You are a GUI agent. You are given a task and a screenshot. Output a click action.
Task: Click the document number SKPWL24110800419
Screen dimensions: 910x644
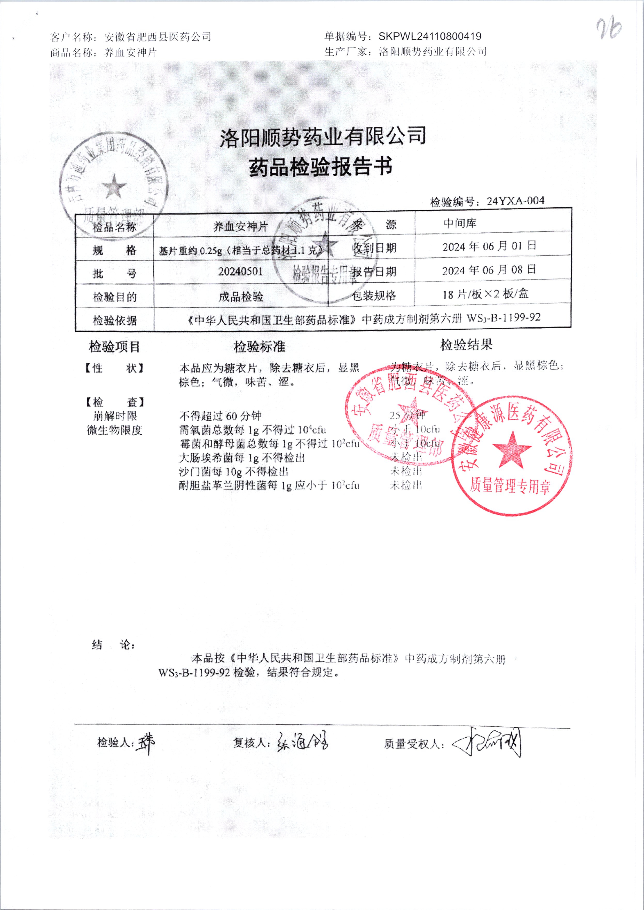pos(430,36)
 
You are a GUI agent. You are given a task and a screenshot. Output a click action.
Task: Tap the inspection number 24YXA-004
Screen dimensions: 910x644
pos(515,201)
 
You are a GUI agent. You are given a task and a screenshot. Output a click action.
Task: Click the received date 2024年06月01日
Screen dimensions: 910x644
pos(489,246)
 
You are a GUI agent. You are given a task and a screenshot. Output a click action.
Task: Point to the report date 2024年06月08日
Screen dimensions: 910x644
pos(489,270)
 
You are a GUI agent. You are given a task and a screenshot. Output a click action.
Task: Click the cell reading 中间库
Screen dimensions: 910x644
pos(460,223)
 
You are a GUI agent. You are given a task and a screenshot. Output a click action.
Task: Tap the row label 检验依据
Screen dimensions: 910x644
pos(115,320)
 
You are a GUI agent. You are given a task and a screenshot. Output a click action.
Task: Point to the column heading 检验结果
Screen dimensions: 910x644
pos(466,345)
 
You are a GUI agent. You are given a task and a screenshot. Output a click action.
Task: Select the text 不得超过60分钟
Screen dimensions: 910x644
pos(221,416)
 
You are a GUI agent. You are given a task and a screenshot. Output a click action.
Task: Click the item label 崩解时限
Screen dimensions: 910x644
pos(115,416)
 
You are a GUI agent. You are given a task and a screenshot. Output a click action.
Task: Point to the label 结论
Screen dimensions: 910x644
pos(113,645)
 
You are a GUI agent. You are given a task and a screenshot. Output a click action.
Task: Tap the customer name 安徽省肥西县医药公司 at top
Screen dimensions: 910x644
pos(158,37)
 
